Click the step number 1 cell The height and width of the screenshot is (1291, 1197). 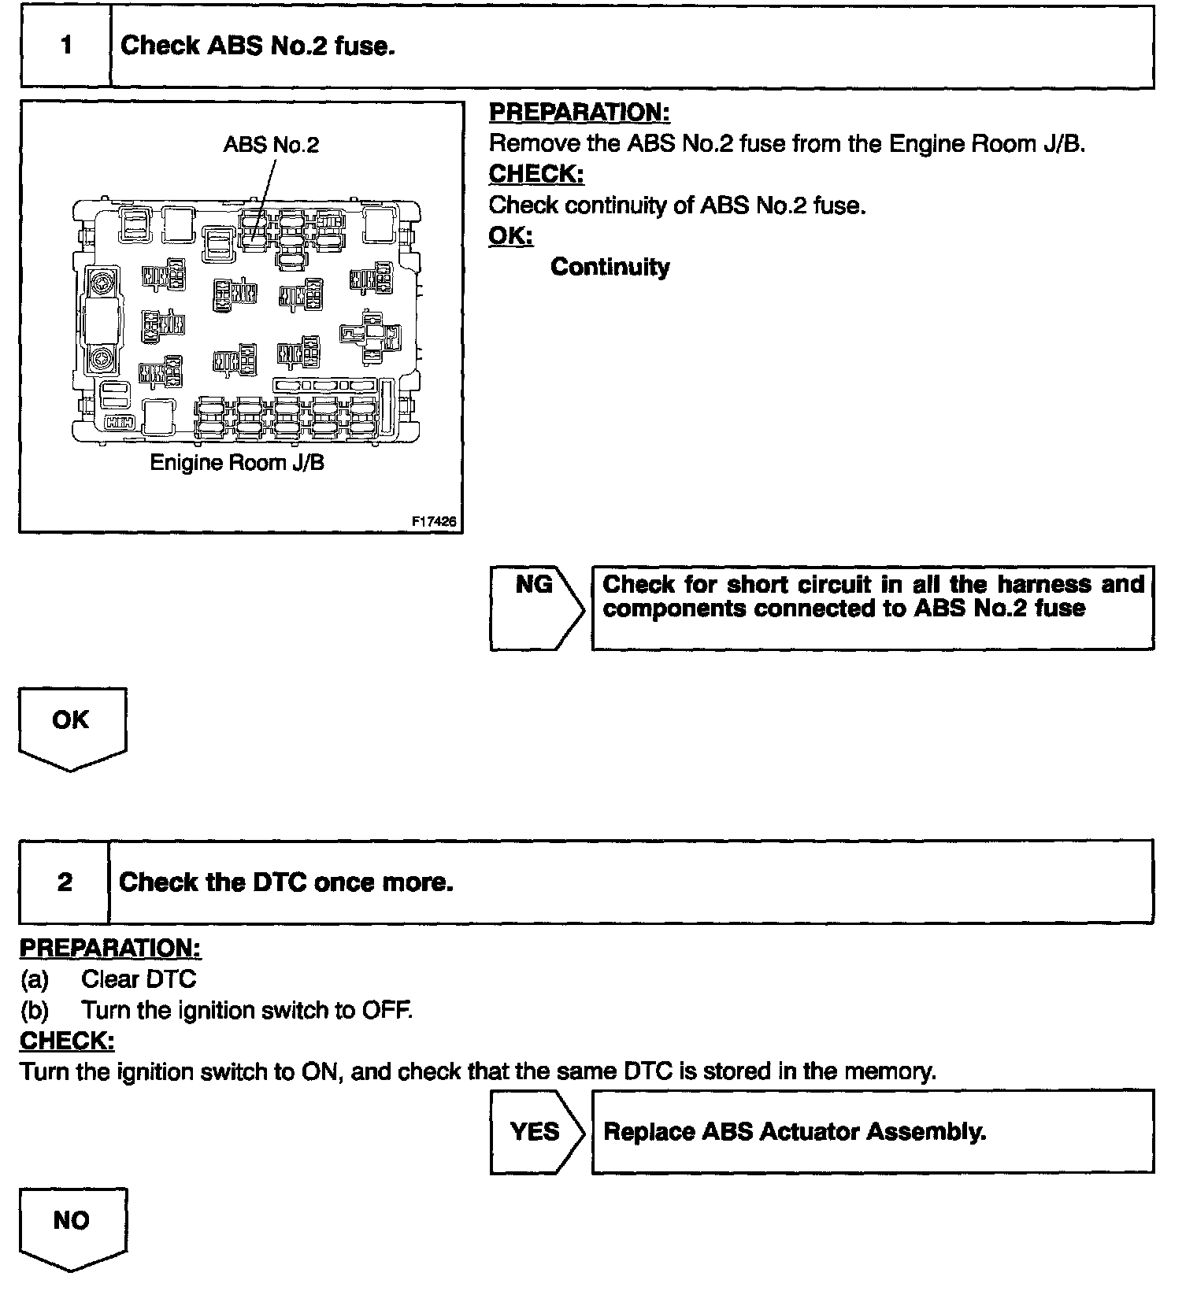(x=66, y=46)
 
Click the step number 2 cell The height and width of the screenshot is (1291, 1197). (x=65, y=882)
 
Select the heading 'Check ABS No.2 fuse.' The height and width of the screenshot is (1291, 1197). (x=258, y=46)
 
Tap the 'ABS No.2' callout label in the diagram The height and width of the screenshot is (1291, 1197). (x=271, y=145)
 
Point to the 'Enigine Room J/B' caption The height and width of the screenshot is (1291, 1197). (x=237, y=462)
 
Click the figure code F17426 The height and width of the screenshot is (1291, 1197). (x=434, y=521)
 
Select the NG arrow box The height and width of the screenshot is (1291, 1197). (x=535, y=607)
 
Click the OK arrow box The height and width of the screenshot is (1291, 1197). (x=71, y=724)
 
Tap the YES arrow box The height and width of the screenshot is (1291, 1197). (x=535, y=1131)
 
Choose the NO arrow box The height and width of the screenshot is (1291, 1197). (x=71, y=1224)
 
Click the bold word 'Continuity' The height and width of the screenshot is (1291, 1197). (x=610, y=267)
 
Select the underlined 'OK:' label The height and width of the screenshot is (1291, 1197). (x=510, y=235)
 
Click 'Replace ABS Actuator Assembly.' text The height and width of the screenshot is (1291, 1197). (x=795, y=1131)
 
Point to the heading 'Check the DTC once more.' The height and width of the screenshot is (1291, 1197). (x=286, y=882)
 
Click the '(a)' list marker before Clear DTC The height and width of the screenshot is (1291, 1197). (x=35, y=979)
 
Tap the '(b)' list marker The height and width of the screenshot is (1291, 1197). (x=35, y=1010)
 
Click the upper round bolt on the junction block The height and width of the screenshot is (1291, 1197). (x=101, y=283)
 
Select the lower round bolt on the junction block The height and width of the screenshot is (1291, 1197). (x=101, y=360)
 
